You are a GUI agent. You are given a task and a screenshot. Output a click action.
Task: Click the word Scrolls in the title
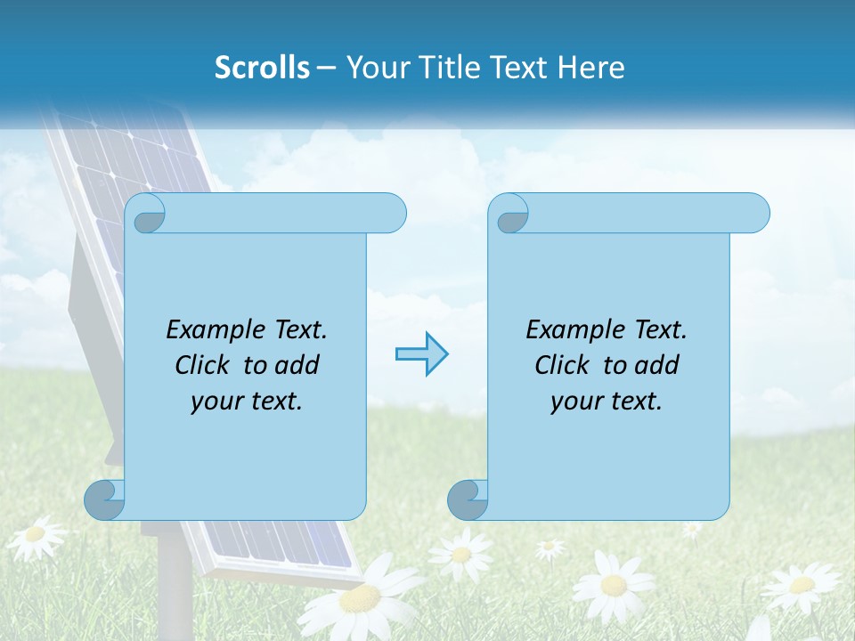pyautogui.click(x=262, y=68)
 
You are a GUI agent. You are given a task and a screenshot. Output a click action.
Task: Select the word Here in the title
pyautogui.click(x=590, y=68)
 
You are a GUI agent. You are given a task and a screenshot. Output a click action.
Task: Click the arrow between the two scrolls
pyautogui.click(x=421, y=354)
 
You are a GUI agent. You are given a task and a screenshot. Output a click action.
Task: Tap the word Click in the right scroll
pyautogui.click(x=562, y=365)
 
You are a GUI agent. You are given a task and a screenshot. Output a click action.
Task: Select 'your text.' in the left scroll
pyautogui.click(x=247, y=402)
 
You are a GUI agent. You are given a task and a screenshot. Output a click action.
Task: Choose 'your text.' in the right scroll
pyautogui.click(x=607, y=402)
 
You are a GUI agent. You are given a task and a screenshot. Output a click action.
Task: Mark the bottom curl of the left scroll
pyautogui.click(x=105, y=499)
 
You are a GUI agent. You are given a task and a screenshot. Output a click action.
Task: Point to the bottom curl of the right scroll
pyautogui.click(x=468, y=499)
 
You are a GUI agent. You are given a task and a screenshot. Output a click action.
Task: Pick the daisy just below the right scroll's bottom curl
pyautogui.click(x=461, y=554)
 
